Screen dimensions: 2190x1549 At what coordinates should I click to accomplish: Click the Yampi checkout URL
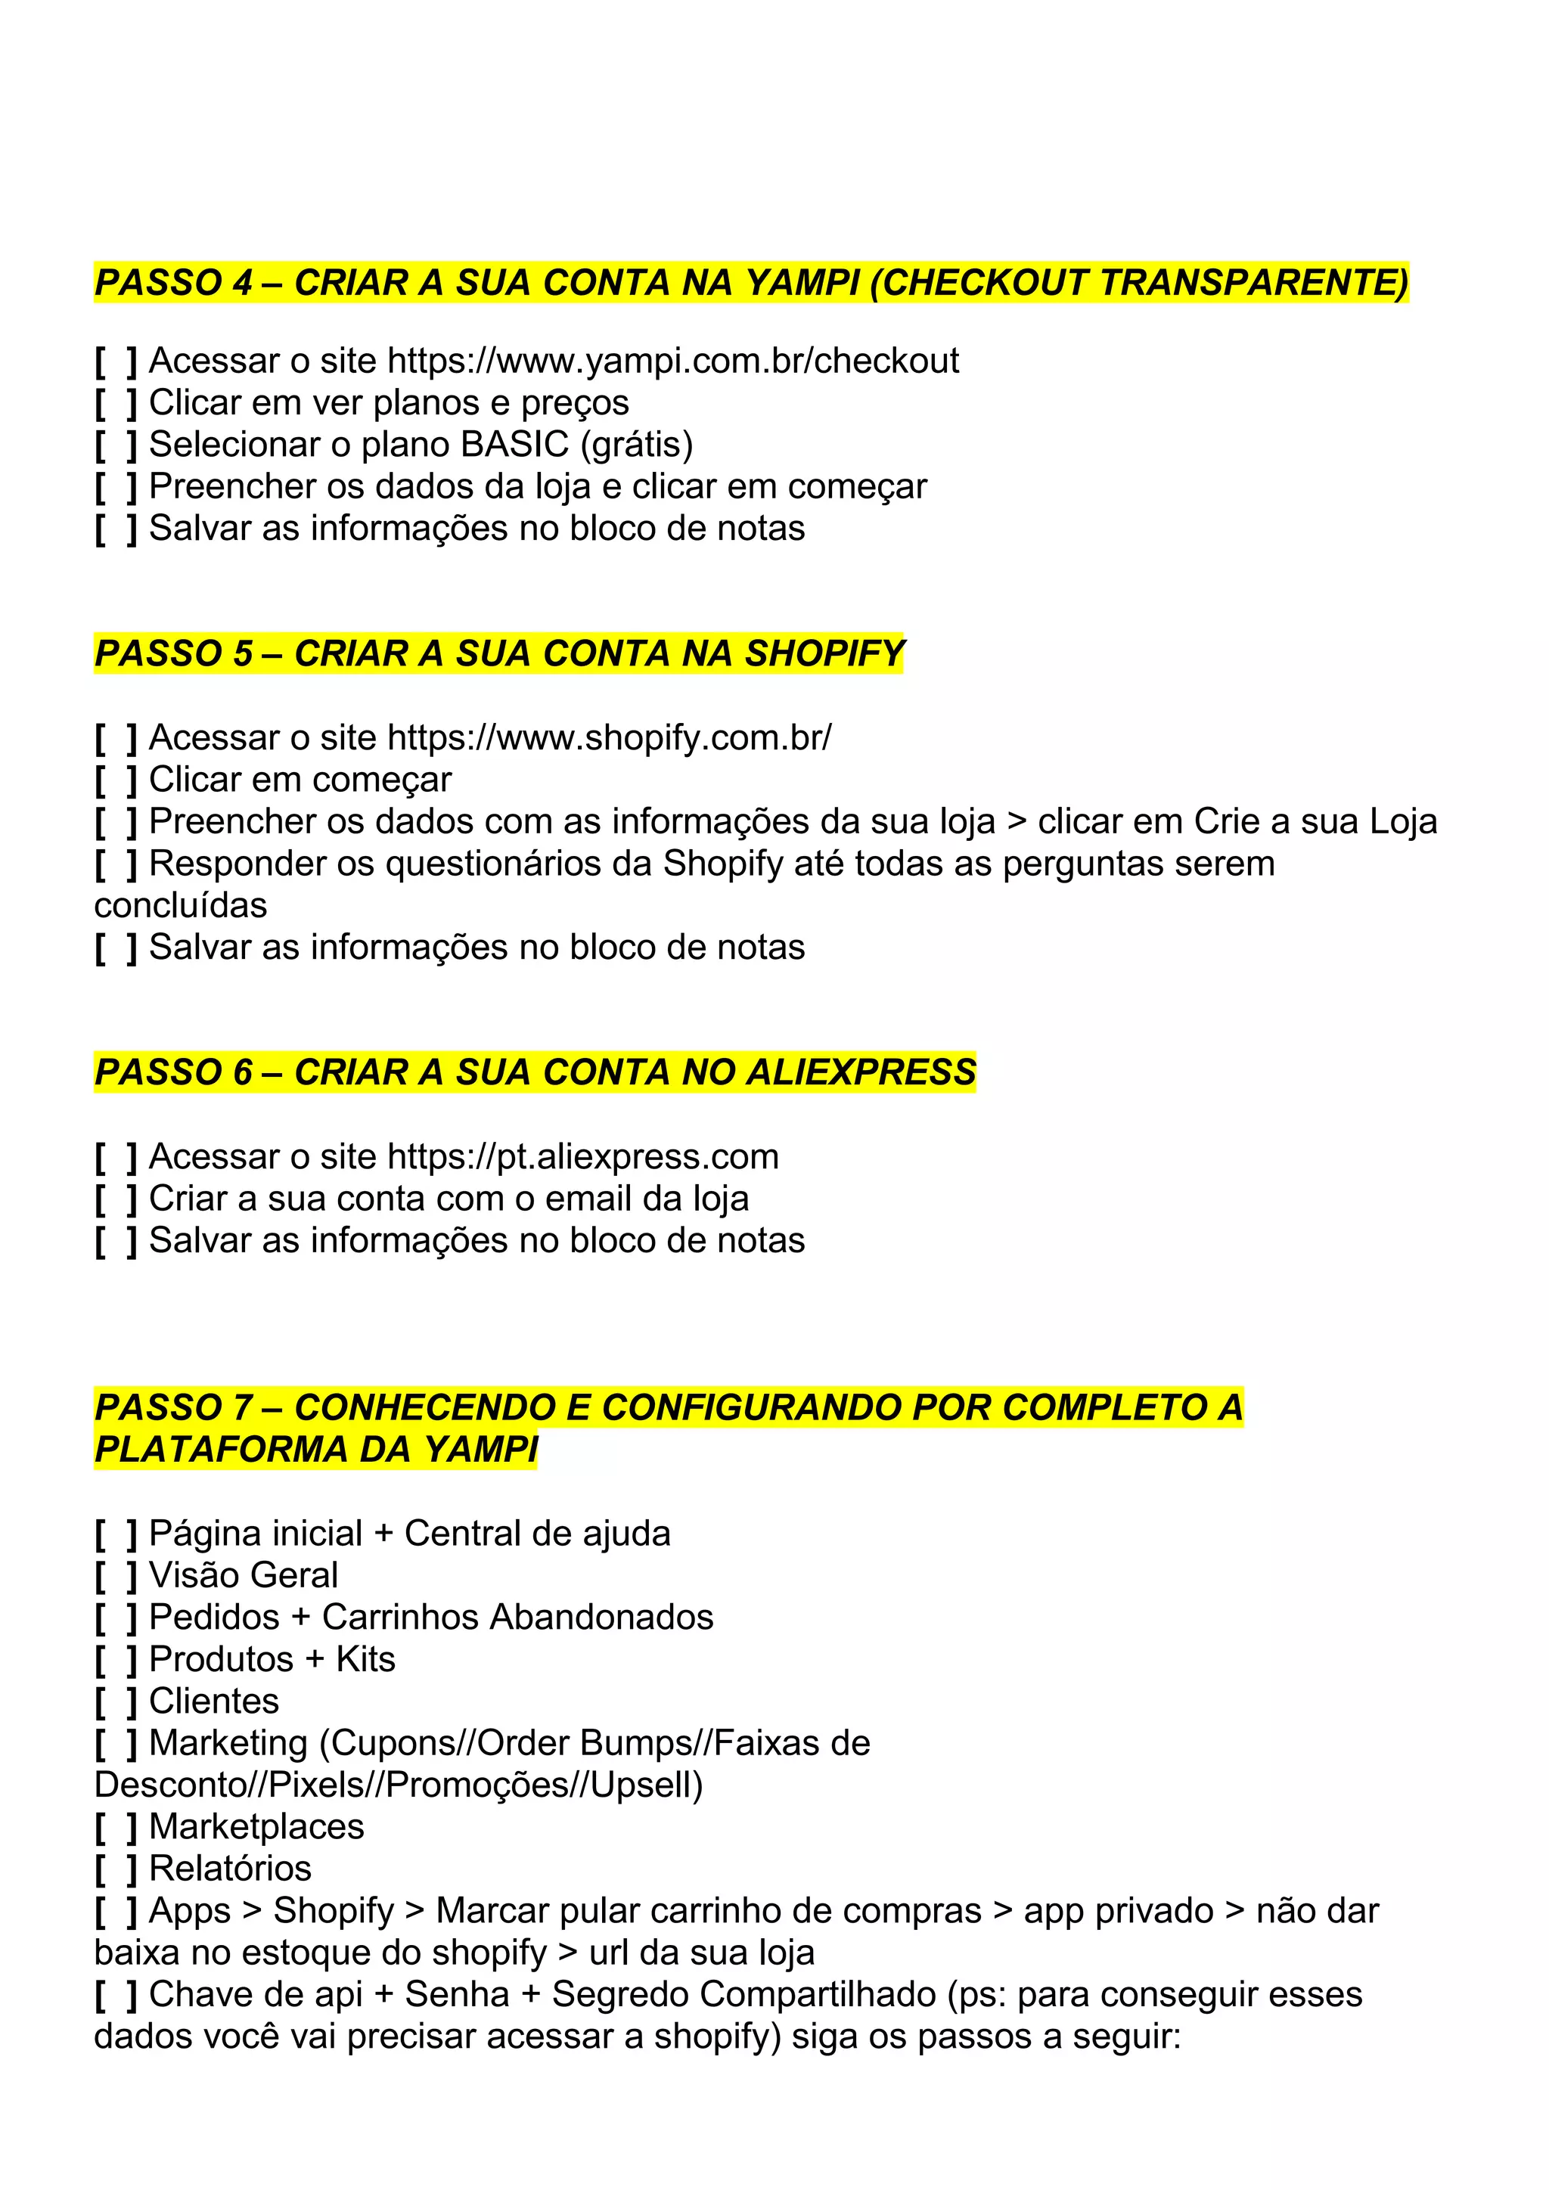click(672, 361)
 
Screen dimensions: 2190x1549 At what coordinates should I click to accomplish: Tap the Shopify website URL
click(610, 738)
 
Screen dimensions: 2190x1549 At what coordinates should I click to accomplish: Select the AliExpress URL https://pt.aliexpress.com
click(583, 1157)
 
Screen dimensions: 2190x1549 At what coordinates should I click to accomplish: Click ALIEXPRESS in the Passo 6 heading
click(860, 1073)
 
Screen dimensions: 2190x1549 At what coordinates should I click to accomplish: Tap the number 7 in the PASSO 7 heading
click(242, 1408)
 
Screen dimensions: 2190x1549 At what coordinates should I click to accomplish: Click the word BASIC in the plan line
click(514, 445)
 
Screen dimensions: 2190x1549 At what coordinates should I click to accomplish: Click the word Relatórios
click(230, 1869)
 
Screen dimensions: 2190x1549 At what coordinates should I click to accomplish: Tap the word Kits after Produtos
click(365, 1660)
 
